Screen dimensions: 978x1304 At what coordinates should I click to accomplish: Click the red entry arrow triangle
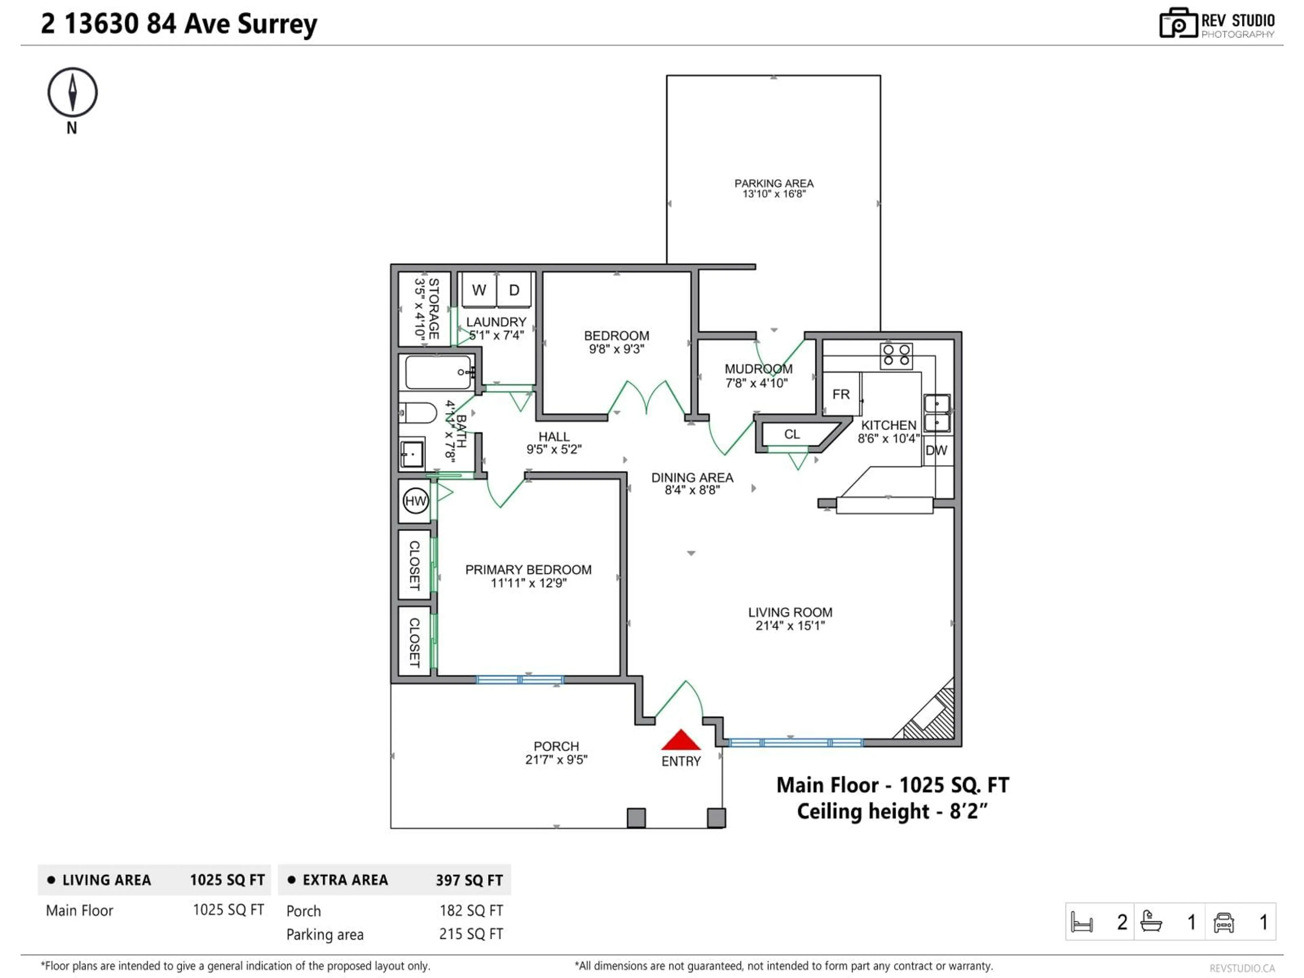[x=681, y=740]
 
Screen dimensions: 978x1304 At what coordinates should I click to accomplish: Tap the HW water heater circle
[x=416, y=501]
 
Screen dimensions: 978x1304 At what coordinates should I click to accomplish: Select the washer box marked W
[x=479, y=290]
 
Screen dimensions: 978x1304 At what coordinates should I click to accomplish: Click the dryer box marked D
[x=514, y=290]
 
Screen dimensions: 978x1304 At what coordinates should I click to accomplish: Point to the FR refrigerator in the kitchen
[x=841, y=394]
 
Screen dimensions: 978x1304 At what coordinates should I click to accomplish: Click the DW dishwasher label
[x=936, y=450]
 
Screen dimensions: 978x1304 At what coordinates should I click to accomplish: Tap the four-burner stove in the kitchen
[x=896, y=356]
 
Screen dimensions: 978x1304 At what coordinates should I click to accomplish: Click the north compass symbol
[x=73, y=93]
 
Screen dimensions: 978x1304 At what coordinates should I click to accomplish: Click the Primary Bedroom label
[x=528, y=569]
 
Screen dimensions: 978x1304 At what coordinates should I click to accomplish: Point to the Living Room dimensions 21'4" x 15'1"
[x=790, y=626]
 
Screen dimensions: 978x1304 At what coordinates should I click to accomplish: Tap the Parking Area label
[x=774, y=183]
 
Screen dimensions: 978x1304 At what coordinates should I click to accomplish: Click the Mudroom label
[x=758, y=369]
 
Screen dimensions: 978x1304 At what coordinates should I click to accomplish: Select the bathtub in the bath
[x=438, y=372]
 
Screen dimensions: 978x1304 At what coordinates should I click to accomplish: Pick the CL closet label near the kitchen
[x=792, y=434]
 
